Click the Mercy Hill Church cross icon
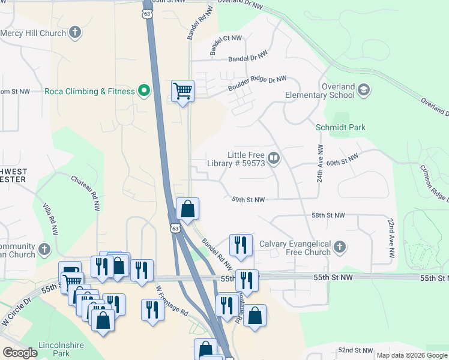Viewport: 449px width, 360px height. (75, 32)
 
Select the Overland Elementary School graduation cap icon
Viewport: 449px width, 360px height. (363, 90)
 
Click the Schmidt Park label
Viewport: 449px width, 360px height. (340, 127)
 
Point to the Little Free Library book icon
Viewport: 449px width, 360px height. (274, 158)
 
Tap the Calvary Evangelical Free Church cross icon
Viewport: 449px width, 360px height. (340, 247)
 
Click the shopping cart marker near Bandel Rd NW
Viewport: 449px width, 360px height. (182, 91)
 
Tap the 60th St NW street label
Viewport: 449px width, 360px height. (342, 160)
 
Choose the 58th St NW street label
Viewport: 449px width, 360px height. (328, 215)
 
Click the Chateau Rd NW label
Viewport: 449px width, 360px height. (86, 192)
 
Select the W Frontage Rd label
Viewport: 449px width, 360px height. (172, 300)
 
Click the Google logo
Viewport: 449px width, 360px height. (20, 353)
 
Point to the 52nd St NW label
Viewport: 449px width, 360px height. (355, 350)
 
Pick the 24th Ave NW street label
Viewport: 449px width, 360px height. (320, 163)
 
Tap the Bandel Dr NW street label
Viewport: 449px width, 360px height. (247, 59)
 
